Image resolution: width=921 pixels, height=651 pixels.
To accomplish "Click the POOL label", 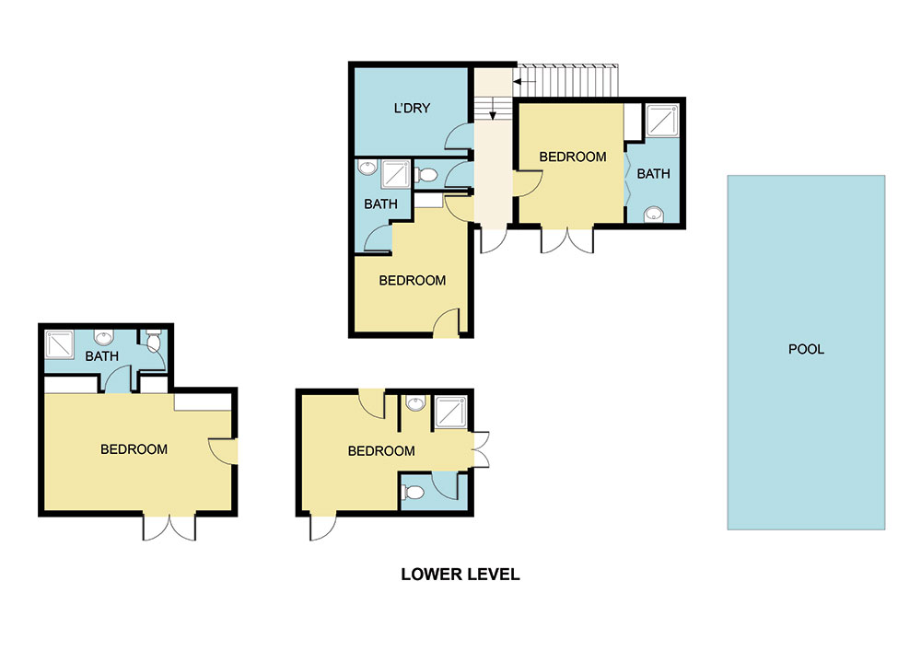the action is [806, 349].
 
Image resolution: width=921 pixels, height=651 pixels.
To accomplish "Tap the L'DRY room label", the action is [412, 108].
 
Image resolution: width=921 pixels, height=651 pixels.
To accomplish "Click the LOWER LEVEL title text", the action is [460, 574].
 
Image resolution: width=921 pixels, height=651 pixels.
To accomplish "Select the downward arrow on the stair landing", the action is [493, 108].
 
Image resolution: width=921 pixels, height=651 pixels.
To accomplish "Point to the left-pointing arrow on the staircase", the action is [525, 82].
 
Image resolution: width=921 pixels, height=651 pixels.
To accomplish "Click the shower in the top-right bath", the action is [662, 121].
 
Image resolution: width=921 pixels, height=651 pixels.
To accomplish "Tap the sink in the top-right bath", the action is [654, 215].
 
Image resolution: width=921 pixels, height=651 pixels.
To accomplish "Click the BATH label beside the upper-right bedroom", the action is [653, 174].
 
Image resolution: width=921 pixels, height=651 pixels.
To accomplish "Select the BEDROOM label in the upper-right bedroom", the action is [573, 157].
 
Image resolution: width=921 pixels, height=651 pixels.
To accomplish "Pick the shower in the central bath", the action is [395, 174].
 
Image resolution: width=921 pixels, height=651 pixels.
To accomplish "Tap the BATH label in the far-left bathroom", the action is [101, 356].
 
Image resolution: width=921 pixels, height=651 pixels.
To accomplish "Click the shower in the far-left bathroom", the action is [59, 344].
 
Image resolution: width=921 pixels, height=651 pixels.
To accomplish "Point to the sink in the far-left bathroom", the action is [104, 338].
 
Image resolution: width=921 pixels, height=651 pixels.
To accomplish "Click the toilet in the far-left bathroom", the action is [153, 341].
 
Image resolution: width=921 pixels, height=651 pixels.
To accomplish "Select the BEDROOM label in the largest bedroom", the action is [134, 449].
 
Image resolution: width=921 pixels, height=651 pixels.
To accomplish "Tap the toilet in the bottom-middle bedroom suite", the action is [414, 492].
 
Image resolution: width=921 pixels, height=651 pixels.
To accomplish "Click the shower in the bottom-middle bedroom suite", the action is [450, 413].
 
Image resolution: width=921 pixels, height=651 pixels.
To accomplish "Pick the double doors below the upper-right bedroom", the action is [567, 240].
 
